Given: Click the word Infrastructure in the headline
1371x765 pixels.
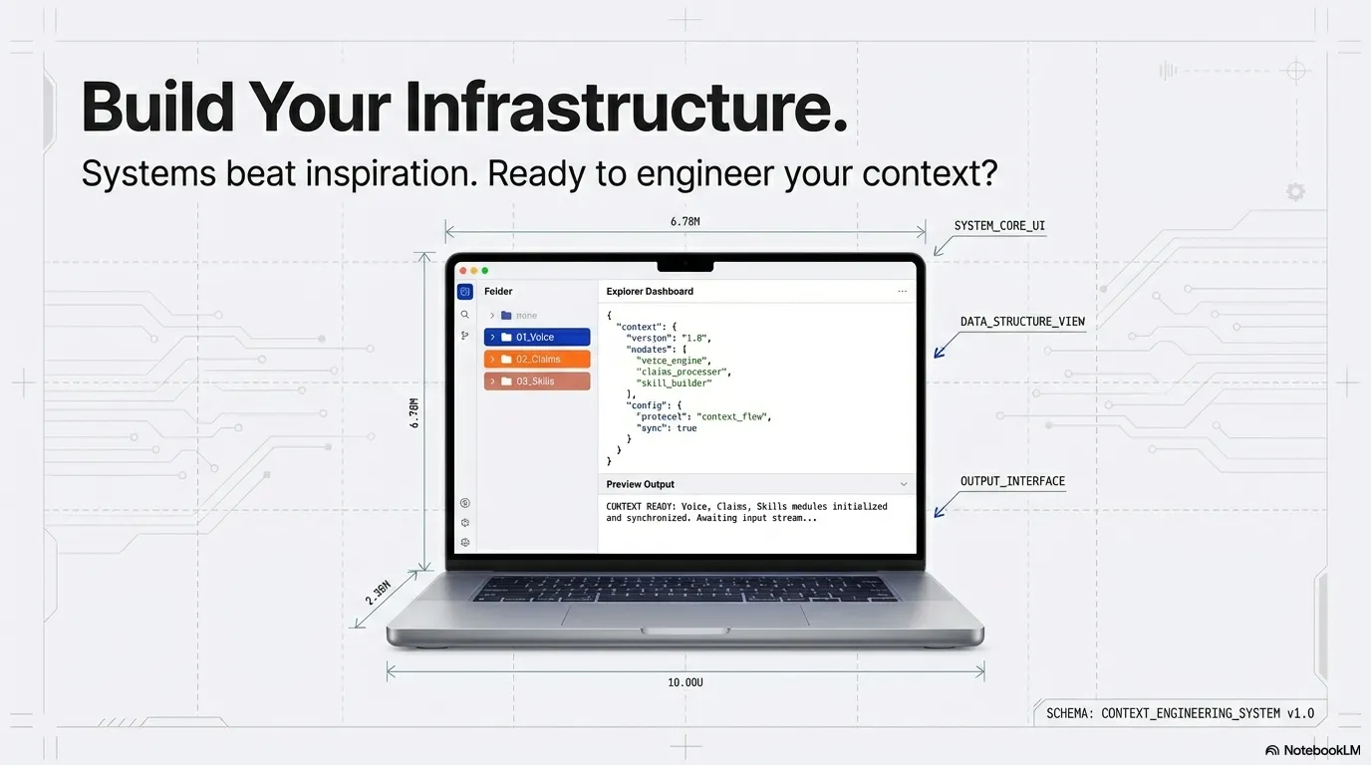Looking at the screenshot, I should click(628, 107).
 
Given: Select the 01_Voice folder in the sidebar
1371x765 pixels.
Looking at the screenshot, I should click(536, 337).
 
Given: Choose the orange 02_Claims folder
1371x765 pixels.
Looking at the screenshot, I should click(536, 359).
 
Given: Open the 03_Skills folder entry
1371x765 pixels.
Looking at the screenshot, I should click(536, 381).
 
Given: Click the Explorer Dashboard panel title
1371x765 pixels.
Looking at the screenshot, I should click(650, 291).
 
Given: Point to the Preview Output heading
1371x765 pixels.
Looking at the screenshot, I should click(640, 484).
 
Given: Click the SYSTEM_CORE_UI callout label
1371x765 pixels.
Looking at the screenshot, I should click(999, 226).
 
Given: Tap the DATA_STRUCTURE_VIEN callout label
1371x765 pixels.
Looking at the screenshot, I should click(1022, 322).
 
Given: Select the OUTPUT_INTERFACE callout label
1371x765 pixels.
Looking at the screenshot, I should click(1012, 481).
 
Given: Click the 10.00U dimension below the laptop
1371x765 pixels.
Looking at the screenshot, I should click(685, 682).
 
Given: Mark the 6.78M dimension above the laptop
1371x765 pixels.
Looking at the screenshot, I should click(685, 221).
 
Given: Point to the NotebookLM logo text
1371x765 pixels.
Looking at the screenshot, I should click(1312, 750).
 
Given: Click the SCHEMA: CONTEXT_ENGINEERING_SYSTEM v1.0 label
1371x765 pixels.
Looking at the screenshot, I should click(1180, 713).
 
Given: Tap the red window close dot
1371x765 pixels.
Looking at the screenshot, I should click(463, 270).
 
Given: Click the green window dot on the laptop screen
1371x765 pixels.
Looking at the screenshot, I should click(485, 270).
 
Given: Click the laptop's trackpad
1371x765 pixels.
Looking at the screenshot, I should click(685, 615).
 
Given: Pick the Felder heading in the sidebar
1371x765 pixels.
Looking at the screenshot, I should click(498, 291).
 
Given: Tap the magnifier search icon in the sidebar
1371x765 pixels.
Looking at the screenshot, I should click(464, 314).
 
